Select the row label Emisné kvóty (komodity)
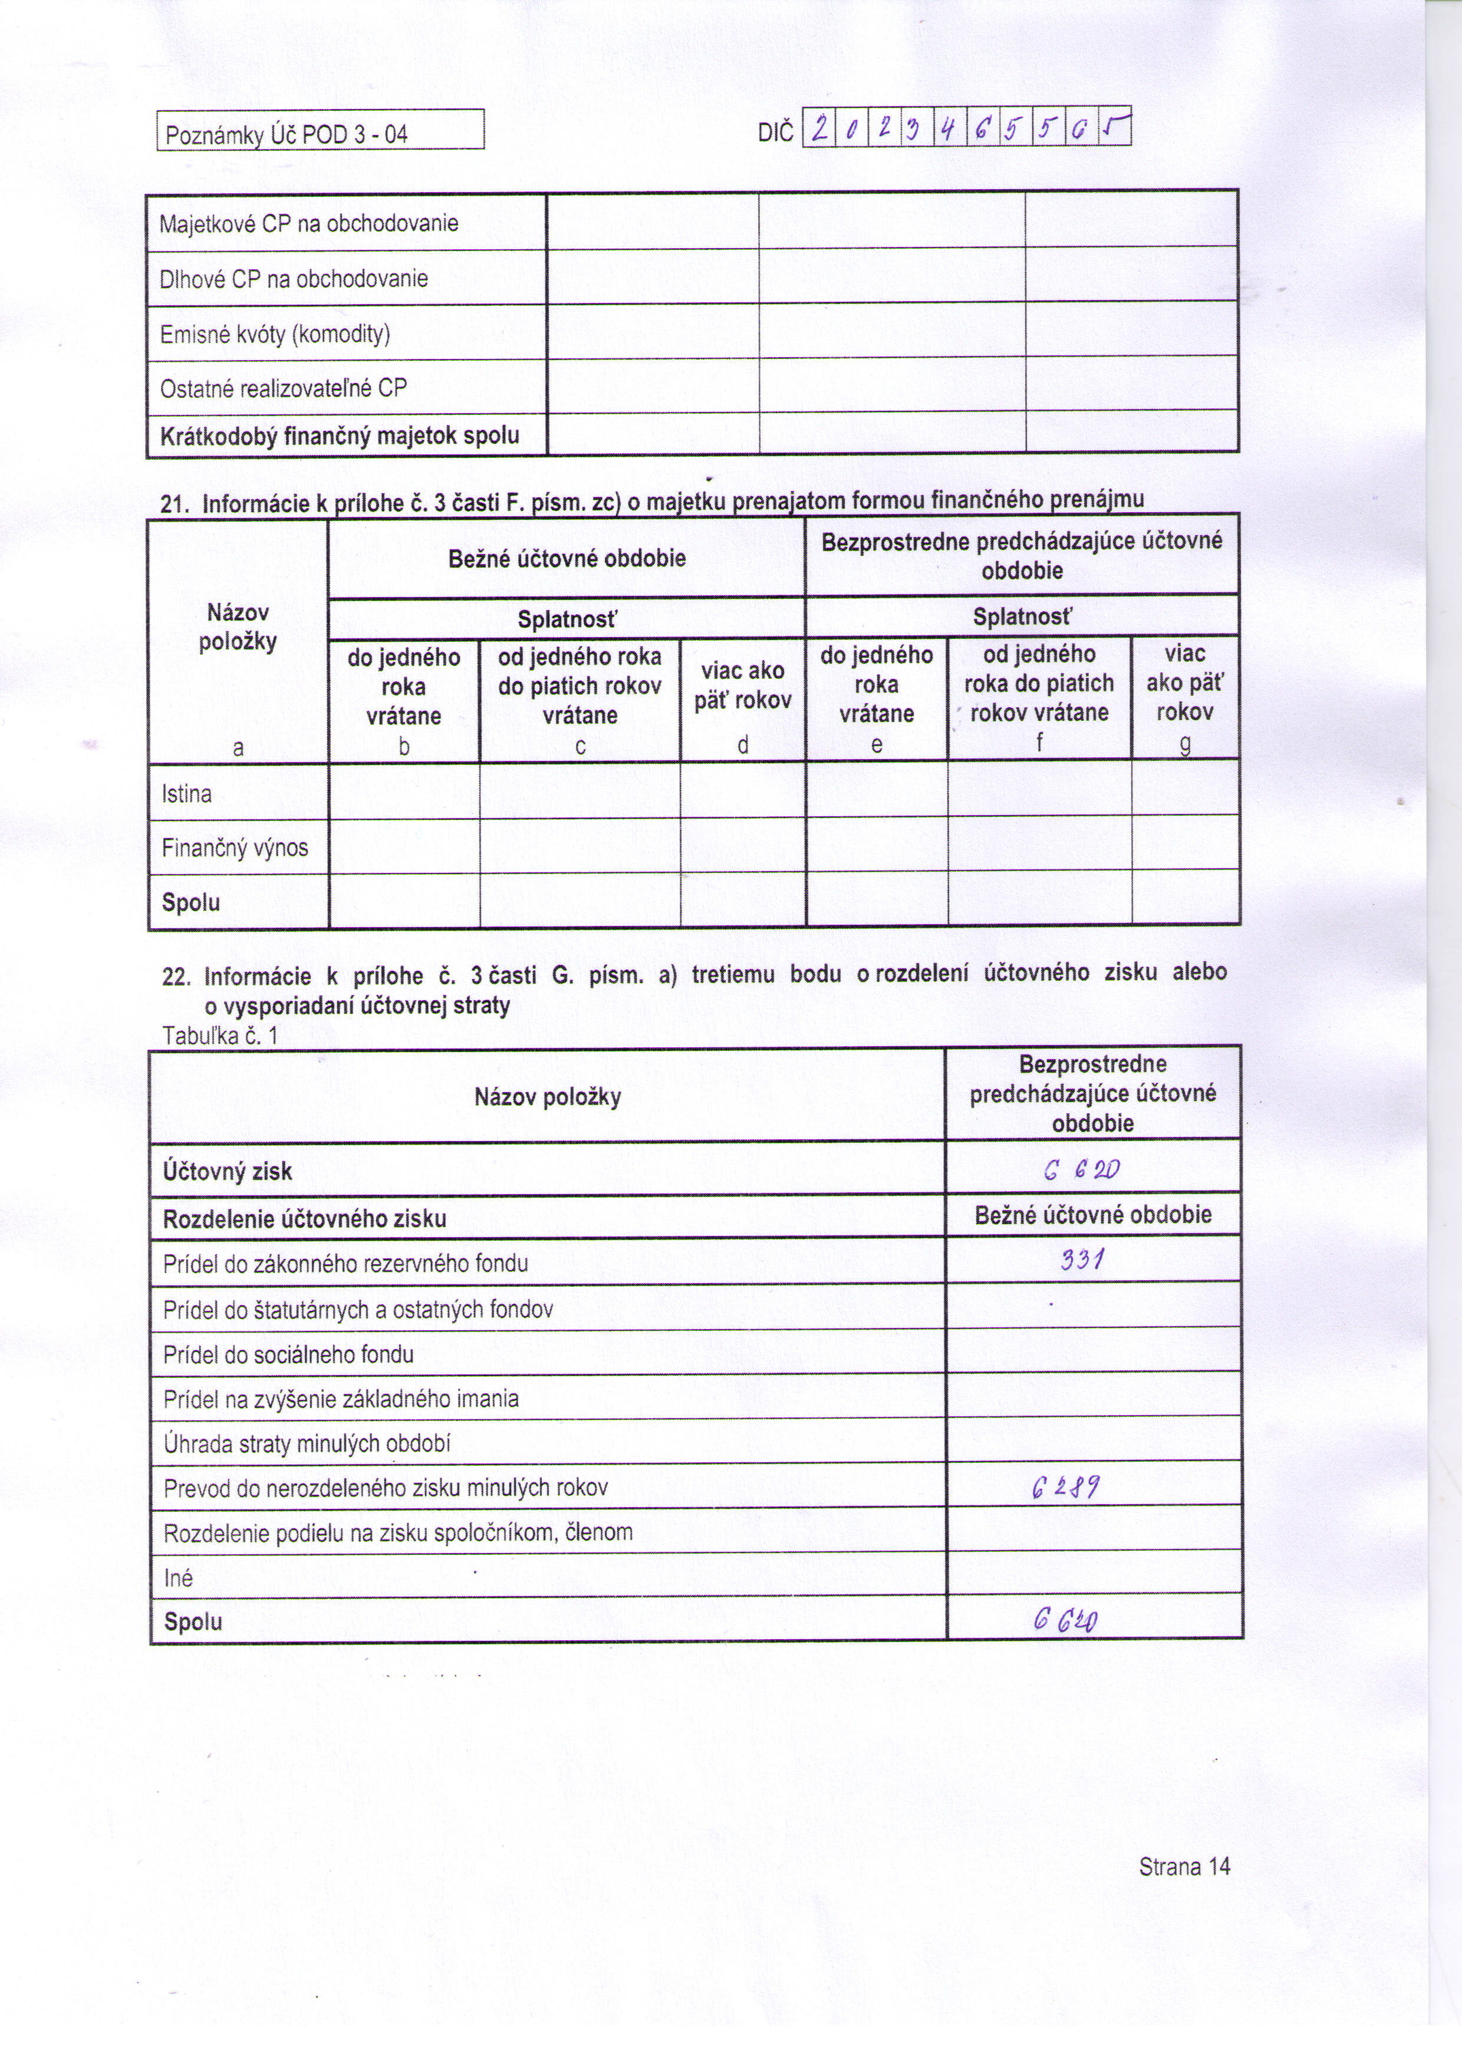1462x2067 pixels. (275, 335)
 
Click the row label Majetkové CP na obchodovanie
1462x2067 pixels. (309, 223)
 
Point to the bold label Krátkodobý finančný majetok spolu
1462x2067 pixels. (340, 437)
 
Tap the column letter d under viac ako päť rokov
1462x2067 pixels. (743, 746)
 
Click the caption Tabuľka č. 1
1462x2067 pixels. (220, 1036)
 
